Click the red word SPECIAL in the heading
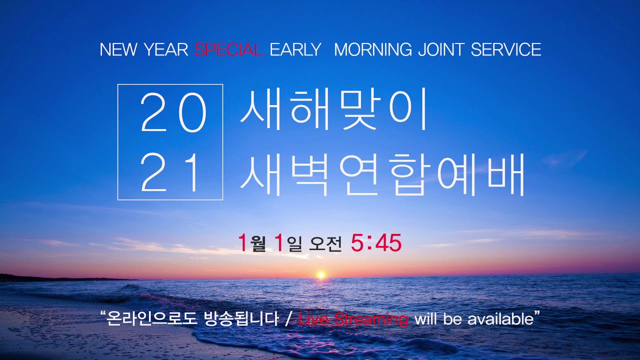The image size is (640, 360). (x=228, y=50)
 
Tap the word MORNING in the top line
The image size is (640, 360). (x=372, y=50)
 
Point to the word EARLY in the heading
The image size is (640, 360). (x=295, y=50)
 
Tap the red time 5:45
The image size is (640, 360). (x=376, y=243)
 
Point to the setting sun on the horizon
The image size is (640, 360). (x=321, y=274)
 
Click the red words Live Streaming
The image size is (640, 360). (x=353, y=319)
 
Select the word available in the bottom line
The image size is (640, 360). (x=500, y=319)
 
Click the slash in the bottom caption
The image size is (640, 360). (x=287, y=319)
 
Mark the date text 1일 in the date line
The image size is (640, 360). (x=288, y=243)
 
